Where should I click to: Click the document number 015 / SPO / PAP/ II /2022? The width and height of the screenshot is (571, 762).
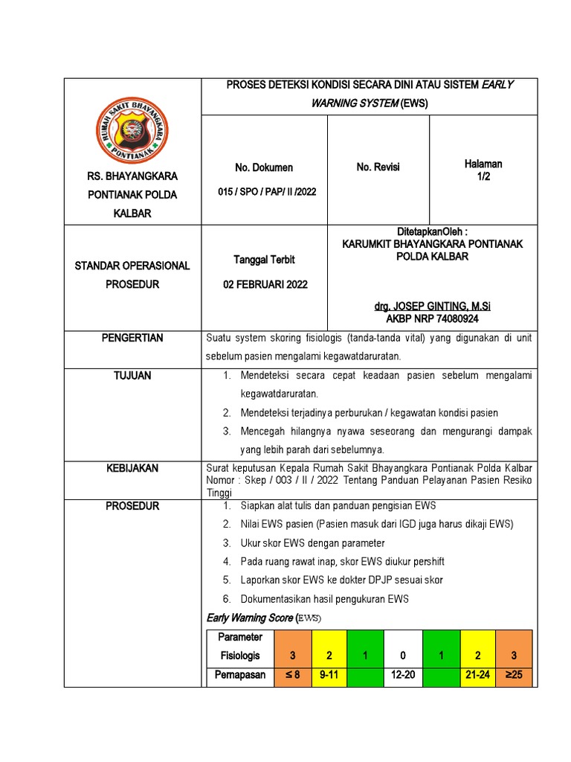click(x=267, y=191)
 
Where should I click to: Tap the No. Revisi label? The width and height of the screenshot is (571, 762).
click(x=378, y=167)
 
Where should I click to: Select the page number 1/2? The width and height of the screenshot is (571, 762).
click(x=483, y=177)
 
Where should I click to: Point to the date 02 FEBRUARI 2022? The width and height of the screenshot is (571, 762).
click(x=266, y=284)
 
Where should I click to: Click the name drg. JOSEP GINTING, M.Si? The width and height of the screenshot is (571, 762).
click(x=432, y=307)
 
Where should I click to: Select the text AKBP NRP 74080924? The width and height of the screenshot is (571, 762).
click(x=432, y=318)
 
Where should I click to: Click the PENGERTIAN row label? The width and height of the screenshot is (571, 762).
click(x=132, y=339)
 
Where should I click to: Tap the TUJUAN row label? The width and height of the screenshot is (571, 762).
click(x=132, y=376)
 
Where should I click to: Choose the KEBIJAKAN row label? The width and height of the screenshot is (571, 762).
click(x=132, y=468)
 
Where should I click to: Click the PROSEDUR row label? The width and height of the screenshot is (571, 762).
click(x=132, y=506)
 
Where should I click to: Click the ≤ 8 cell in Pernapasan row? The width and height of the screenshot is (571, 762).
click(x=293, y=676)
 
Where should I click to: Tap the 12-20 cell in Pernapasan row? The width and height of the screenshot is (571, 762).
click(x=403, y=676)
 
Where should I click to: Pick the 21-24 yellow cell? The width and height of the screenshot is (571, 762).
click(x=477, y=676)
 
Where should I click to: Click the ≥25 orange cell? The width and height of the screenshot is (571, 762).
click(x=514, y=676)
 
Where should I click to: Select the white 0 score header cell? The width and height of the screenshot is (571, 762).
click(x=403, y=656)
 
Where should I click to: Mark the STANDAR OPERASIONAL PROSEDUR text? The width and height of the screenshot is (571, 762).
click(x=132, y=275)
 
